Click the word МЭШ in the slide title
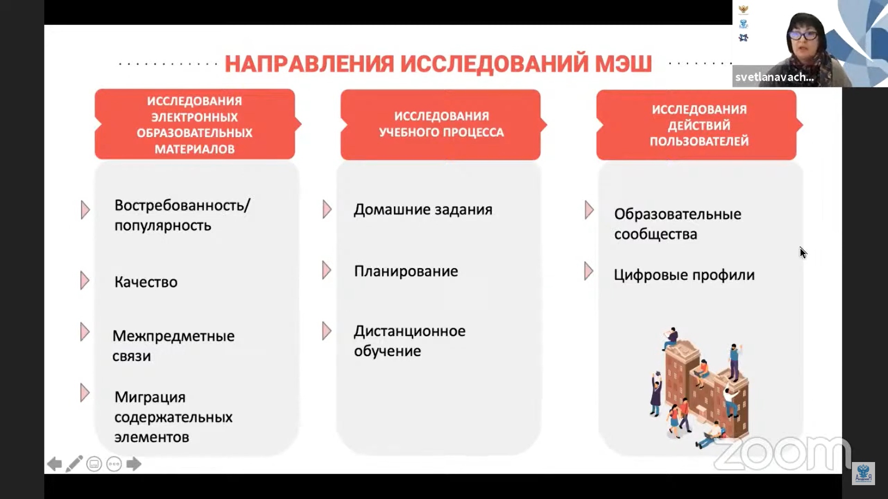click(623, 64)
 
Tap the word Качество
click(146, 282)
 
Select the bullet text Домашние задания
click(423, 210)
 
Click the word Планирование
click(406, 271)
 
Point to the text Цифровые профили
click(684, 275)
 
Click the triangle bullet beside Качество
click(85, 280)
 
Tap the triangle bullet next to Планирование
click(327, 270)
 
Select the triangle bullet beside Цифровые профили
click(588, 271)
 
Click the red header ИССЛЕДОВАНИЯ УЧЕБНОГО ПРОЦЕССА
click(441, 124)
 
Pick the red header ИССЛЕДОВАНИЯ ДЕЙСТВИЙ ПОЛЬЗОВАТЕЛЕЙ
click(698, 125)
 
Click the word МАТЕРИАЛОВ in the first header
click(194, 149)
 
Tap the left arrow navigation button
click(55, 464)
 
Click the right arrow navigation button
click(134, 464)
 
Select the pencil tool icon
click(74, 464)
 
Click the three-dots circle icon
click(114, 464)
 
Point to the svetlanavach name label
click(774, 77)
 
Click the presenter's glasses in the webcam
click(804, 35)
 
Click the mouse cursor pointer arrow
click(803, 252)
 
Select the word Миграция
click(150, 397)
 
